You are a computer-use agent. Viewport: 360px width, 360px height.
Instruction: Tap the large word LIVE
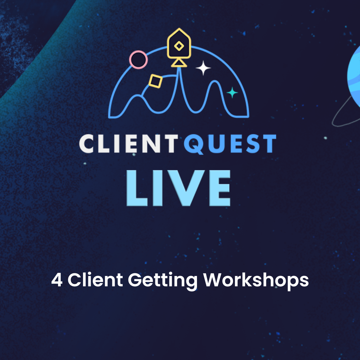click(x=179, y=188)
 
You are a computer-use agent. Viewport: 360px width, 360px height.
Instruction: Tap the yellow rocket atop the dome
click(x=179, y=45)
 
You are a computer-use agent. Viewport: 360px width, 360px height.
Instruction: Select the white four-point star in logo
click(x=203, y=68)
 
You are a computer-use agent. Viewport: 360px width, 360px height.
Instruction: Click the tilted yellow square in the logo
click(x=155, y=81)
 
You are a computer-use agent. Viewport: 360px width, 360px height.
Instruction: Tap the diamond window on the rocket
click(x=179, y=46)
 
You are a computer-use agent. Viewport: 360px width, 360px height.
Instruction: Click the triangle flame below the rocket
click(x=179, y=62)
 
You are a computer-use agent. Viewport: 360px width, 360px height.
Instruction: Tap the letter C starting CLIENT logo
click(x=88, y=144)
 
